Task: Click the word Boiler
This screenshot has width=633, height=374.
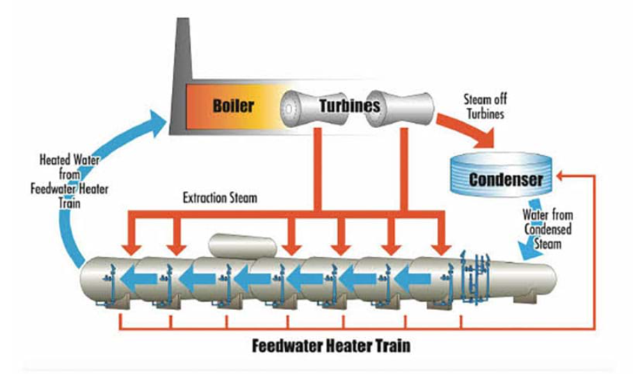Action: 233,106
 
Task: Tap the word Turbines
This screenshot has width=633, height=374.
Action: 350,106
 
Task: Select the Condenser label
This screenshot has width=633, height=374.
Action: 506,180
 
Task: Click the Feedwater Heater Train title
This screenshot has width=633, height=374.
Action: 331,346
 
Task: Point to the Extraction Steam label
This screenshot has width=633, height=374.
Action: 220,198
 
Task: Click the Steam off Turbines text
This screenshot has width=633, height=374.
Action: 486,107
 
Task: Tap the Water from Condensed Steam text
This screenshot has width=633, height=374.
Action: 548,229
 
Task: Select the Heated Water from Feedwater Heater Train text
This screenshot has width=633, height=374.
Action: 70,181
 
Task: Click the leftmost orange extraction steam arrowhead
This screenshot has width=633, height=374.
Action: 131,249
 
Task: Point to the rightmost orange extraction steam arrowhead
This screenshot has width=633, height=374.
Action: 441,249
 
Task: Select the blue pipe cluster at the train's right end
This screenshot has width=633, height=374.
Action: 476,277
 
